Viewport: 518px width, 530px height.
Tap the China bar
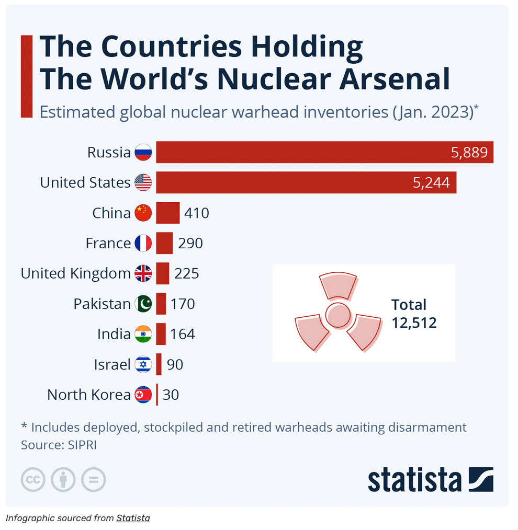pyautogui.click(x=167, y=213)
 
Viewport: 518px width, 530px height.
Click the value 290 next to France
pyautogui.click(x=190, y=243)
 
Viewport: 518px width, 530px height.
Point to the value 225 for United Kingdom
pyautogui.click(x=187, y=273)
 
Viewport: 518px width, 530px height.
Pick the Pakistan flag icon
pyautogui.click(x=143, y=304)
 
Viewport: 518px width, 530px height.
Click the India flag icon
pyautogui.click(x=143, y=334)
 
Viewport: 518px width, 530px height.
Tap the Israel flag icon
pyautogui.click(x=143, y=364)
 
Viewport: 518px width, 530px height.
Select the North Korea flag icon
pyautogui.click(x=143, y=395)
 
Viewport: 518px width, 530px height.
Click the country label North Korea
pyautogui.click(x=88, y=395)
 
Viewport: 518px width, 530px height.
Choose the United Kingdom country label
pyautogui.click(x=75, y=273)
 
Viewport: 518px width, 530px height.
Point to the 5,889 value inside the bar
pyautogui.click(x=469, y=152)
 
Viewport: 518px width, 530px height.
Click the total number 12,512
pyautogui.click(x=414, y=322)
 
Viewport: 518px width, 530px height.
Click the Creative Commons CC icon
pyautogui.click(x=33, y=479)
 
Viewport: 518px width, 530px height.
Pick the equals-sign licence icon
pyautogui.click(x=94, y=479)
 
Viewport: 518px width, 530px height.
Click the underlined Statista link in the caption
pyautogui.click(x=133, y=519)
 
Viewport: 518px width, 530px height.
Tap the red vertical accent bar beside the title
pyautogui.click(x=26, y=76)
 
